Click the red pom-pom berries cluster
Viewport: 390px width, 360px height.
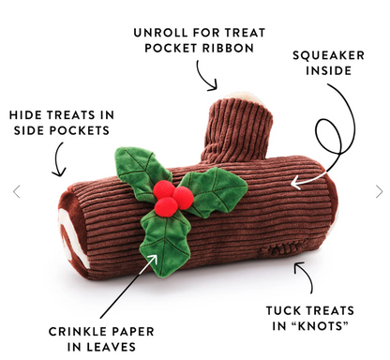coord(169,196)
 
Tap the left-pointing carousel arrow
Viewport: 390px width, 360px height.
coord(16,191)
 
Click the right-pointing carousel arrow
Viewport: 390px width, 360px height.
coord(378,191)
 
